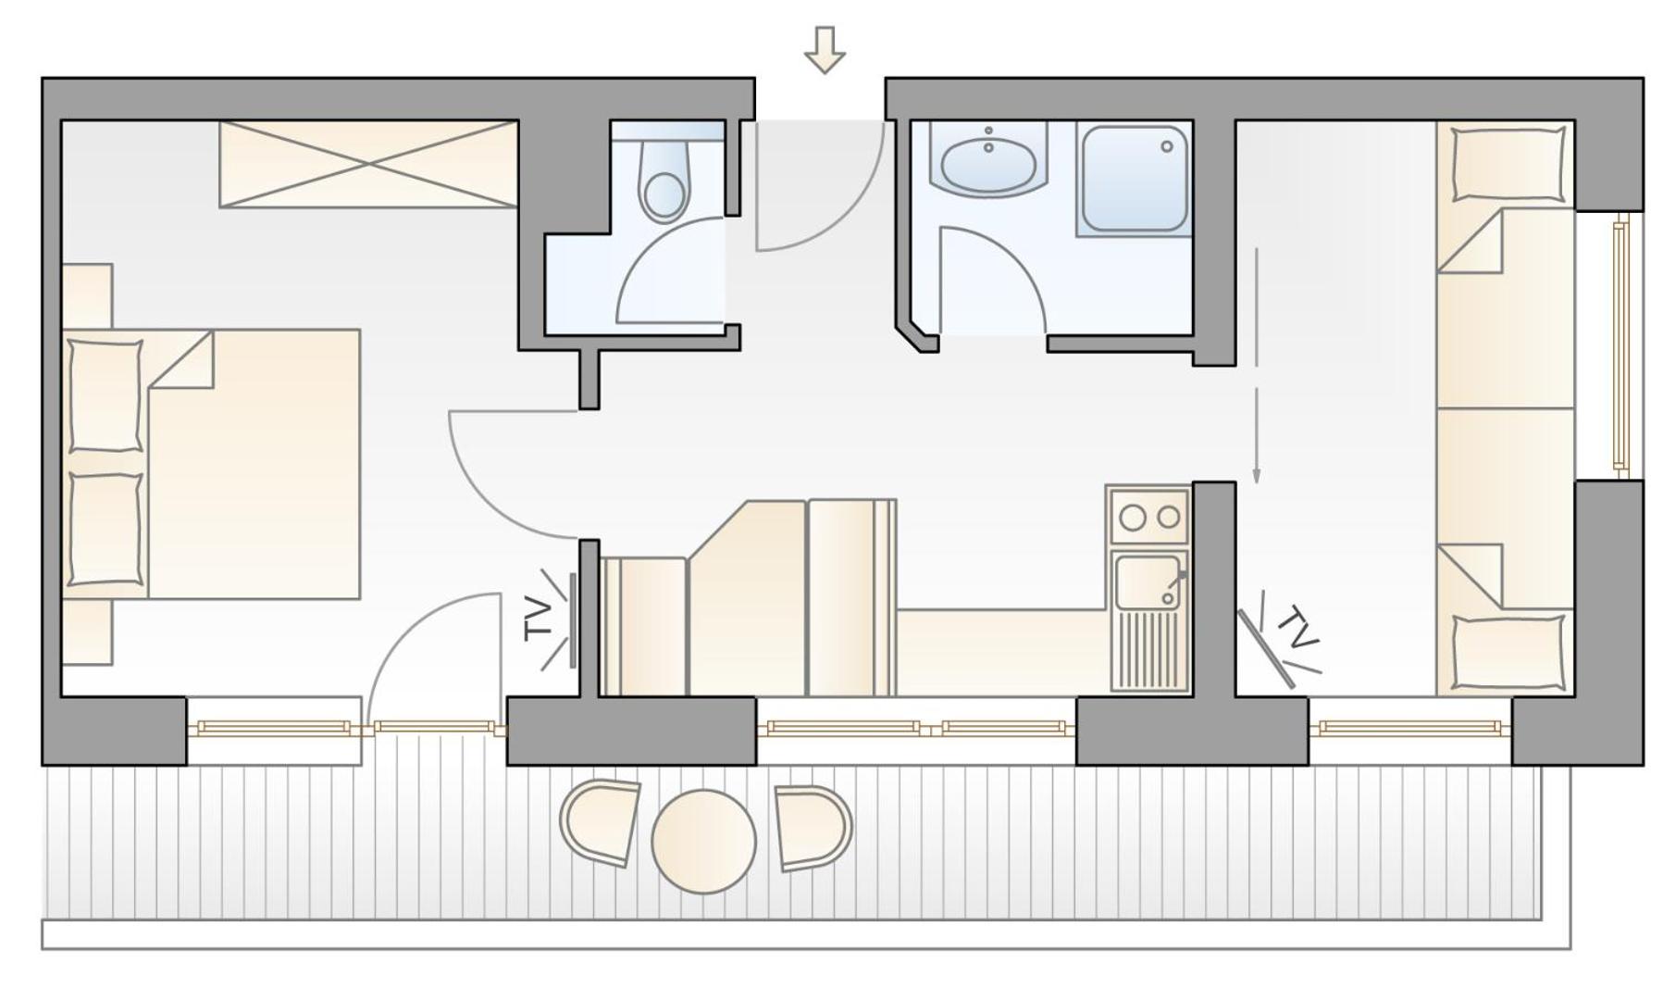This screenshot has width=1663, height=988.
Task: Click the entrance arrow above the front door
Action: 824,49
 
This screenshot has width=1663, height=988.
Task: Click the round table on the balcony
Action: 703,841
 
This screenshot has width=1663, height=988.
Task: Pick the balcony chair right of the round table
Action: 813,827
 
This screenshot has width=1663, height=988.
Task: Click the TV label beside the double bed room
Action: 539,619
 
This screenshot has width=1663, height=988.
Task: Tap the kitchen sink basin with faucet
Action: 1148,581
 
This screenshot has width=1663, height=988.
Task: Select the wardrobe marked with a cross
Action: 368,164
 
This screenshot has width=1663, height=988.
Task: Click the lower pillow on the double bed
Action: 105,529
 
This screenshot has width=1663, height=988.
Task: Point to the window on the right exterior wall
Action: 1620,345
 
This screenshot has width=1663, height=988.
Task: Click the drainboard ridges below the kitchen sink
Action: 1150,649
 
